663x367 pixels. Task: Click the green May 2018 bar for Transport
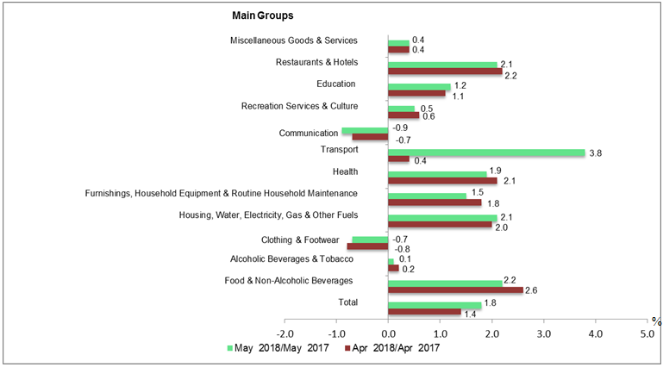click(x=486, y=153)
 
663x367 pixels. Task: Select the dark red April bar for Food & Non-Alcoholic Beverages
click(x=455, y=289)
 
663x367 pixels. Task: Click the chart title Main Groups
click(x=262, y=16)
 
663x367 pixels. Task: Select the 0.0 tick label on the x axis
click(x=388, y=333)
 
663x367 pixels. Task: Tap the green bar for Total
click(x=435, y=306)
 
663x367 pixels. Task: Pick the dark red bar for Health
click(x=442, y=180)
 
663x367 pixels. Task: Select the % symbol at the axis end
click(x=656, y=321)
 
